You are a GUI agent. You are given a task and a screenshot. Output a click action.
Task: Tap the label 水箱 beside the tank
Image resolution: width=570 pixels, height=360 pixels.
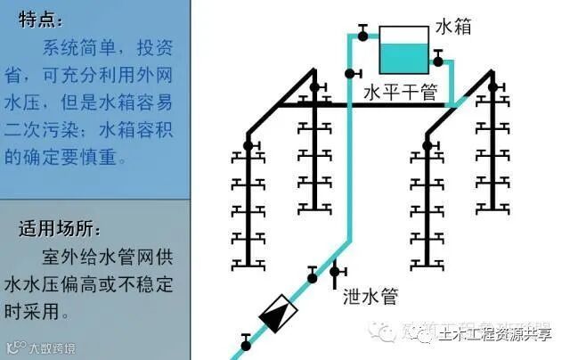click(452, 28)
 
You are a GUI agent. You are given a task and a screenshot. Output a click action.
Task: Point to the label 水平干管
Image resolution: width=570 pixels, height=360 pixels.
click(400, 92)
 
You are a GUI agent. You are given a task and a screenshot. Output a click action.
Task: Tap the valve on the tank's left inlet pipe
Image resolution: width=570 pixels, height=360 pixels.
click(363, 34)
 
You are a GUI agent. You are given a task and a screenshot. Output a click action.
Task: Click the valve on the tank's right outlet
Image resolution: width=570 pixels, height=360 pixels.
click(438, 59)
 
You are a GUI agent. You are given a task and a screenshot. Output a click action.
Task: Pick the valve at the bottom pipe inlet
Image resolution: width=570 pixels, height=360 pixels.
click(246, 340)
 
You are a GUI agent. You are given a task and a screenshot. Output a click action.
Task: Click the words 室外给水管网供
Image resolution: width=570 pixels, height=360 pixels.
click(107, 257)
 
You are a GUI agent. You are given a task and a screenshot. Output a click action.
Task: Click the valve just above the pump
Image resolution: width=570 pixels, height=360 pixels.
click(313, 276)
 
